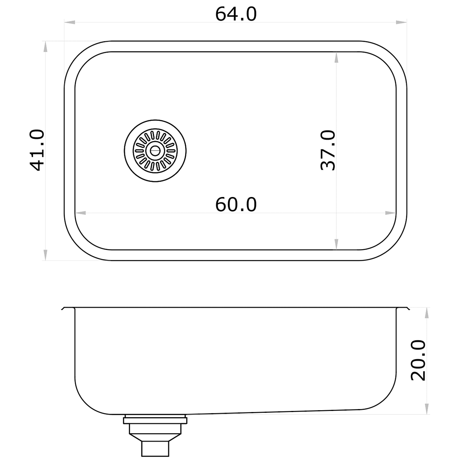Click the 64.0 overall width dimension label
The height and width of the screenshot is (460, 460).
tap(236, 14)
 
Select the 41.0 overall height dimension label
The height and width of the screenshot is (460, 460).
tap(37, 150)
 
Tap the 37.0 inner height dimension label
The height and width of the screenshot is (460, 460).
tap(328, 150)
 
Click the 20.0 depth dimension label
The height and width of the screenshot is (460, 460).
tap(418, 360)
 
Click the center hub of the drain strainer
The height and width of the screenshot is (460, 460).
tap(155, 150)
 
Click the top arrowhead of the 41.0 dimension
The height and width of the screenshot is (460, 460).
tap(46, 47)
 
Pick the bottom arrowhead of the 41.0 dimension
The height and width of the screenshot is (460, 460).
tap(46, 255)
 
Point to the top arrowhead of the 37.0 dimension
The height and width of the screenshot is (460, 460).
tap(336, 57)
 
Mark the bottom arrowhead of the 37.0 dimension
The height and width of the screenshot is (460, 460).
tap(336, 245)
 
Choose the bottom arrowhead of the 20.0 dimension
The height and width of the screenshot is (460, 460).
tap(427, 409)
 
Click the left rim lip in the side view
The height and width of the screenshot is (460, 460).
tap(67, 308)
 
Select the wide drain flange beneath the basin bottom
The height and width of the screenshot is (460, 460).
tap(155, 421)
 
